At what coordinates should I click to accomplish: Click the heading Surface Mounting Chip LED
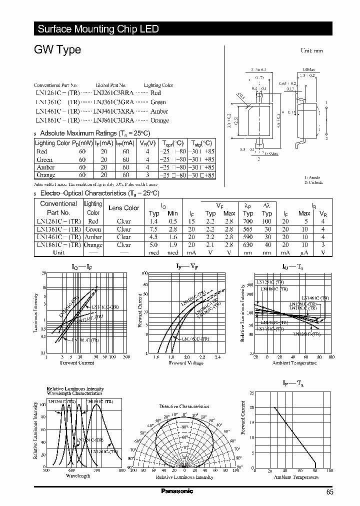pos(98,29)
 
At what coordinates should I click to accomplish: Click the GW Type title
pos(57,50)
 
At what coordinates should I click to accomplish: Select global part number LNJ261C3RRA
pos(113,93)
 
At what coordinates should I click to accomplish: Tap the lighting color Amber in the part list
pos(159,111)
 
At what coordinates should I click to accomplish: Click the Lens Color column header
pos(124,208)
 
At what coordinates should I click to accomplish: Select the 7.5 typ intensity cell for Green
pos(154,229)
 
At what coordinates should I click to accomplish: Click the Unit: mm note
pos(311,51)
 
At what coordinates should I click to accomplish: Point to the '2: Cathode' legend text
pos(314,183)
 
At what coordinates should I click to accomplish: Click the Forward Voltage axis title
pos(186,362)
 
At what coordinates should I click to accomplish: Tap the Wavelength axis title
pos(78,475)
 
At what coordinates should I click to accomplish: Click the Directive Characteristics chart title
pos(184,406)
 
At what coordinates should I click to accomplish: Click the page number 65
pos(329,492)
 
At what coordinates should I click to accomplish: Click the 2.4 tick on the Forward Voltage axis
pos(217,357)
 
